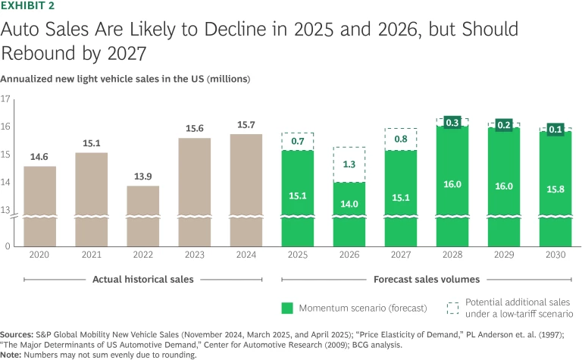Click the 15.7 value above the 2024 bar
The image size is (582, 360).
tap(246, 124)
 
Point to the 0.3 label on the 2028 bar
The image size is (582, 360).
tap(452, 121)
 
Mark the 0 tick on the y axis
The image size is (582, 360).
tap(8, 246)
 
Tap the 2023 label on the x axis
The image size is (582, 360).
tap(194, 255)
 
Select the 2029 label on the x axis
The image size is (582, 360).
tap(503, 255)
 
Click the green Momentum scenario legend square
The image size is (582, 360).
tap(286, 308)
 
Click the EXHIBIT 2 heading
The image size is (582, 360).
tap(27, 5)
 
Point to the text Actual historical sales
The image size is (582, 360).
tap(142, 279)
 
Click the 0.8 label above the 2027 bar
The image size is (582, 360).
tap(400, 139)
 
